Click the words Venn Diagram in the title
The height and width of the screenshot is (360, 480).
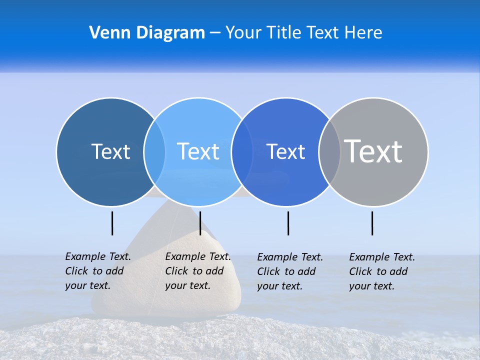click(147, 33)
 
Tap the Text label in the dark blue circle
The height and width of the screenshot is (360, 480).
click(110, 151)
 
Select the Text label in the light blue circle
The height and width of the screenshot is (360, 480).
click(198, 151)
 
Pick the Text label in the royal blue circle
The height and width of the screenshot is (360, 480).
click(285, 151)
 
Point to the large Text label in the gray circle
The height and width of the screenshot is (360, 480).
click(373, 151)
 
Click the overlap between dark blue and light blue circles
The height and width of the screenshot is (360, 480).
click(154, 152)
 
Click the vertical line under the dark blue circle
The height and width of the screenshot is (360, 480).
click(112, 223)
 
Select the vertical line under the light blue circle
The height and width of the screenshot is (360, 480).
click(200, 223)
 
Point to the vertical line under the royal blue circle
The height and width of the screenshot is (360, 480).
click(288, 223)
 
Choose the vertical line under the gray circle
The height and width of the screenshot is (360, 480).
click(372, 223)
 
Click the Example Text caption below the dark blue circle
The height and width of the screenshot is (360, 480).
click(97, 271)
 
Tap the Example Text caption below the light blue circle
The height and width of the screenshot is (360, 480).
click(197, 271)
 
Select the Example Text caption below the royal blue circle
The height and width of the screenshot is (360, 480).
click(289, 271)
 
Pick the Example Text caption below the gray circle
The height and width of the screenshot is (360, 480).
click(381, 271)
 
